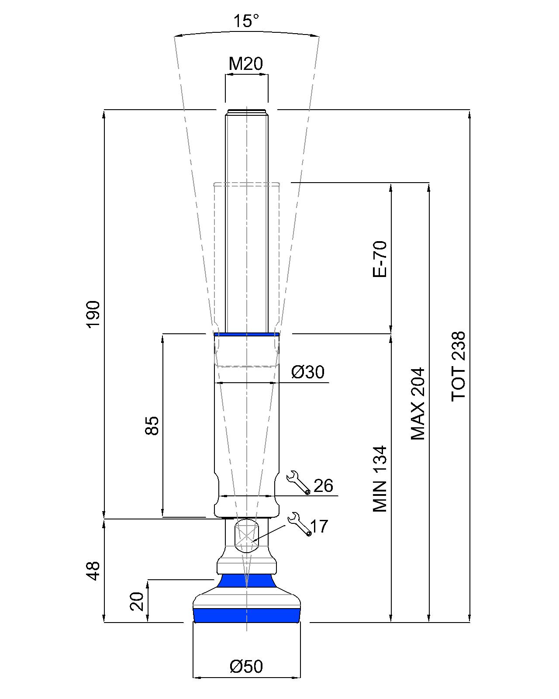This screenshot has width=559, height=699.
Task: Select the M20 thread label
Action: point(245,64)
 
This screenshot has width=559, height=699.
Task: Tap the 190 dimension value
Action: point(93,315)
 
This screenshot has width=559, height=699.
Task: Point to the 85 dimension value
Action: point(152,425)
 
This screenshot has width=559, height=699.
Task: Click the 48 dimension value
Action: point(93,571)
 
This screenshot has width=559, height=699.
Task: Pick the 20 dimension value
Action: point(137,601)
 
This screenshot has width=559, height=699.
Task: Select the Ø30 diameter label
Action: point(307,372)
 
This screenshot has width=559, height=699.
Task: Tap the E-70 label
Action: point(380,259)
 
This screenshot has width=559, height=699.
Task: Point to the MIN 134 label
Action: point(380,479)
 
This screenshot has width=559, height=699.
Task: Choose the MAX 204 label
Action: point(418,404)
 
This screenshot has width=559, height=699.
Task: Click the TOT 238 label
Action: point(458,367)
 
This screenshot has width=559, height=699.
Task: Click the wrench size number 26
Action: point(323,486)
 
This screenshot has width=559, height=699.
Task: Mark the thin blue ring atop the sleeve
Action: point(247,334)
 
